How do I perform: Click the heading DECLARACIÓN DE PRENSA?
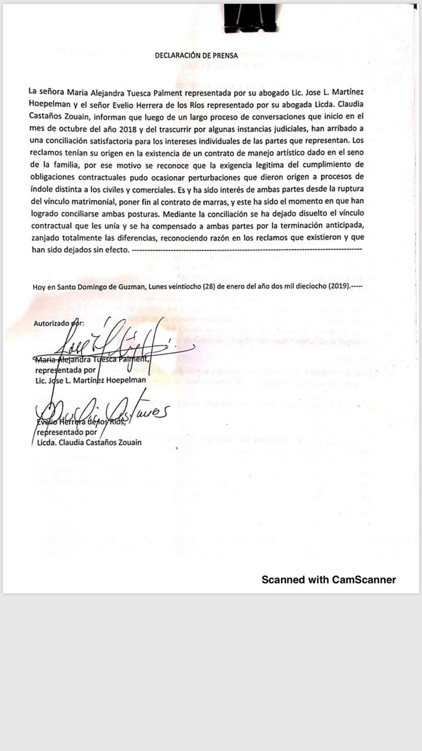coord(196,56)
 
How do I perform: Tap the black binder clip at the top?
coord(250,18)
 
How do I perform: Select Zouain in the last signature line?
coord(126,442)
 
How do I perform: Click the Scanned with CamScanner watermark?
coord(328,580)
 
